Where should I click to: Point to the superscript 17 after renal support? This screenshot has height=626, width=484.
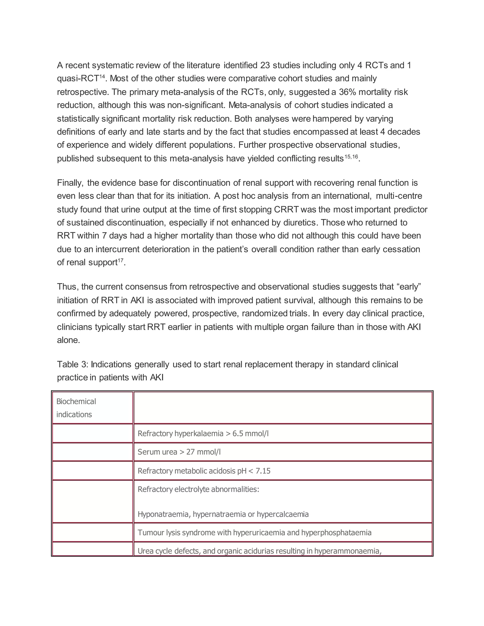[x=121, y=260]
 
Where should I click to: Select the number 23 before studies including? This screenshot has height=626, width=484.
[x=265, y=65]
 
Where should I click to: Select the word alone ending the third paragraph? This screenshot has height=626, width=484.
[x=68, y=340]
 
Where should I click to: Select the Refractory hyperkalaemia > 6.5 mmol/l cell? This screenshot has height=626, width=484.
[x=203, y=433]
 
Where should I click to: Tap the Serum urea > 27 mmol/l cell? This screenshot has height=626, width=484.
[x=179, y=452]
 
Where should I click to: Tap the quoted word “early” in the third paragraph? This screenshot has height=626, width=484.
[x=409, y=287]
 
